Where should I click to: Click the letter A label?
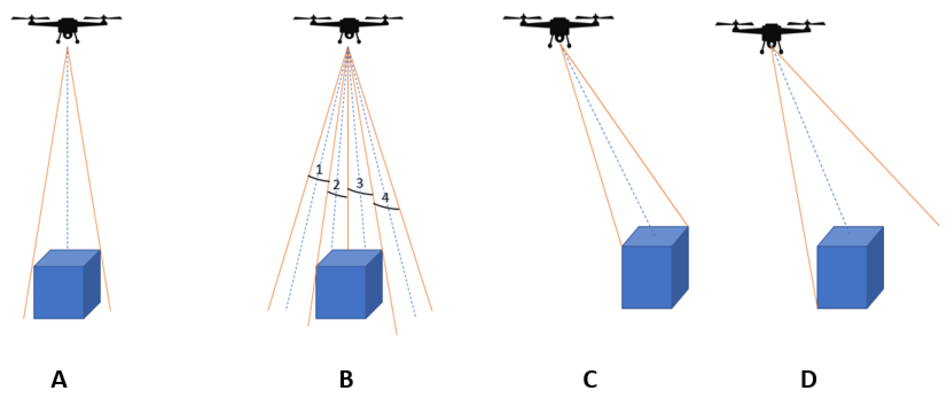tap(59, 379)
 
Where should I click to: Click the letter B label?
tap(346, 379)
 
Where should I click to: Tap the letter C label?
tap(590, 379)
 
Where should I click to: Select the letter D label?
tap(808, 379)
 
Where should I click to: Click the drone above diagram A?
tap(67, 27)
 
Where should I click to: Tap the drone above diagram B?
tap(349, 27)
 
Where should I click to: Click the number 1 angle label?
tap(319, 170)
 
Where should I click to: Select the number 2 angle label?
tap(336, 185)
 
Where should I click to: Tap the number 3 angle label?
tap(360, 183)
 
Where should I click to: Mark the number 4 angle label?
tap(385, 198)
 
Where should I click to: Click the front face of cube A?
tap(58, 292)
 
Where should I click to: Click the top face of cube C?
tap(655, 236)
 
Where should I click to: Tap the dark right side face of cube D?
tap(875, 268)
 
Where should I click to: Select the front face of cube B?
tap(340, 292)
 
